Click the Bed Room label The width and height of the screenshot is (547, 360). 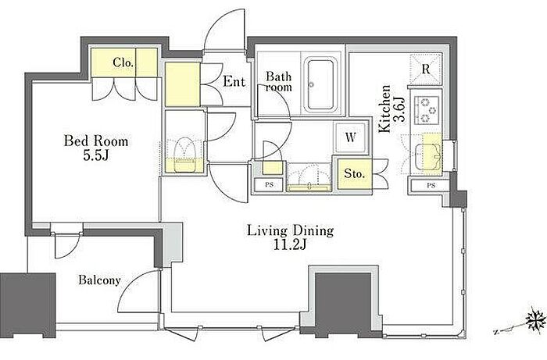(x=96, y=141)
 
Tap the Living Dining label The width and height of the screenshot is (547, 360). (x=291, y=230)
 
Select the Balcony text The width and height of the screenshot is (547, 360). (x=99, y=280)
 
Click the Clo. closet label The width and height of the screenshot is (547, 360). (x=123, y=62)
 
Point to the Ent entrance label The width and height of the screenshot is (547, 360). (x=234, y=81)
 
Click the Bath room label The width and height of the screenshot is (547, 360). (x=278, y=81)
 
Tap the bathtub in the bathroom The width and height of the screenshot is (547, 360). (x=320, y=84)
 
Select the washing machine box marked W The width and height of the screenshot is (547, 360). (x=350, y=137)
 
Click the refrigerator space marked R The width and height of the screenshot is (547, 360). (x=426, y=70)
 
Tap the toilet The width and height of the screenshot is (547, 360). (x=184, y=155)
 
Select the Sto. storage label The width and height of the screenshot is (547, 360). (x=354, y=173)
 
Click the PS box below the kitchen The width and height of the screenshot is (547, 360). (x=431, y=186)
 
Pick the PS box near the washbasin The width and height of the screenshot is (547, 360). (x=269, y=185)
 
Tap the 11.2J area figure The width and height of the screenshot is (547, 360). (x=290, y=245)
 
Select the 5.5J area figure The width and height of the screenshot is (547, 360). (x=96, y=155)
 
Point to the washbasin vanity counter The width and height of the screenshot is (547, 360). (x=309, y=177)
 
